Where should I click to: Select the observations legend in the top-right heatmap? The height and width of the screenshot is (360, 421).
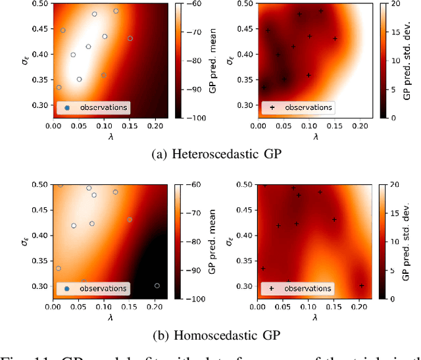click(298, 107)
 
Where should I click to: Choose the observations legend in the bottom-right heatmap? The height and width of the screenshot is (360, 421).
click(298, 288)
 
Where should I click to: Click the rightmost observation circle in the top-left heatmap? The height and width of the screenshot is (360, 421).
click(130, 39)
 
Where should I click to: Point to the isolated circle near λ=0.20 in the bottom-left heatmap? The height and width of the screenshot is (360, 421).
click(157, 286)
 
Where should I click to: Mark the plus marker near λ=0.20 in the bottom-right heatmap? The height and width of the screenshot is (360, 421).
click(362, 286)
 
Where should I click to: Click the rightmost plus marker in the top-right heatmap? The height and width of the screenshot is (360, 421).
click(335, 39)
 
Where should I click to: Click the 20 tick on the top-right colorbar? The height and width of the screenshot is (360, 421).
click(395, 4)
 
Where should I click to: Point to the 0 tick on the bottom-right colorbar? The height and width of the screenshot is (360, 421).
click(393, 299)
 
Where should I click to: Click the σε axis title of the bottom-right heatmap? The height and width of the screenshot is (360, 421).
click(230, 242)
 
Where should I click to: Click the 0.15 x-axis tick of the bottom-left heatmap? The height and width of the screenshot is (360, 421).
click(129, 306)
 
